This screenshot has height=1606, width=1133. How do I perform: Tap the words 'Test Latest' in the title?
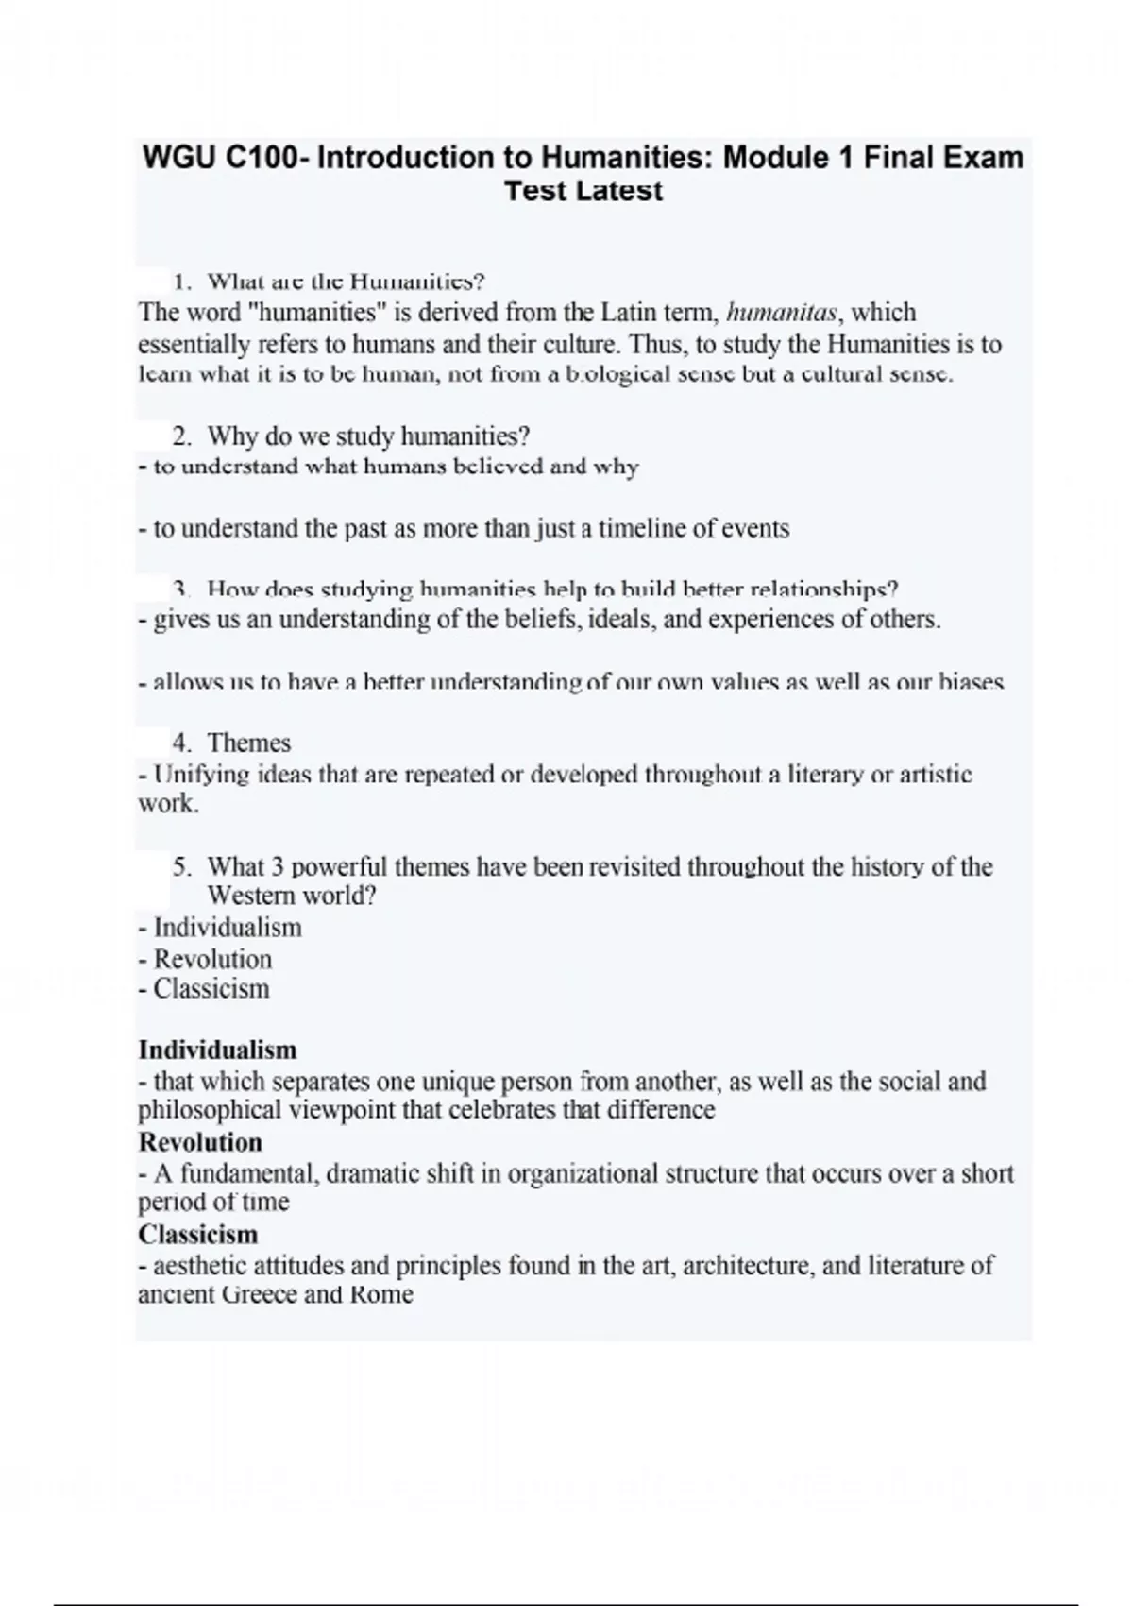(x=583, y=191)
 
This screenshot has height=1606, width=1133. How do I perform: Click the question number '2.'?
(x=183, y=436)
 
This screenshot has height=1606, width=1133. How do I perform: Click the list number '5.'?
(x=183, y=866)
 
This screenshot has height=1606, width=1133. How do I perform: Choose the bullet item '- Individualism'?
(x=220, y=928)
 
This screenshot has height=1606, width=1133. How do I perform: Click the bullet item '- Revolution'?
(x=205, y=959)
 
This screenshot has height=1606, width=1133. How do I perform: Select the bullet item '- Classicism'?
(x=204, y=989)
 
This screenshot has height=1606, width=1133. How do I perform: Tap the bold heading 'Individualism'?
(x=217, y=1050)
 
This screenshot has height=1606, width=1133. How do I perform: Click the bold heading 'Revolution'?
(x=200, y=1142)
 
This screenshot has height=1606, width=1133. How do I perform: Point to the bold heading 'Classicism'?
(x=198, y=1235)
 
